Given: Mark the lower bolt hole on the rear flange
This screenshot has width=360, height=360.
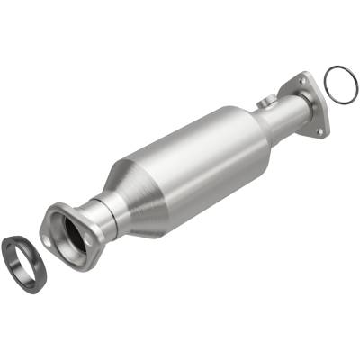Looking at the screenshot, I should pyautogui.click(x=319, y=127).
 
